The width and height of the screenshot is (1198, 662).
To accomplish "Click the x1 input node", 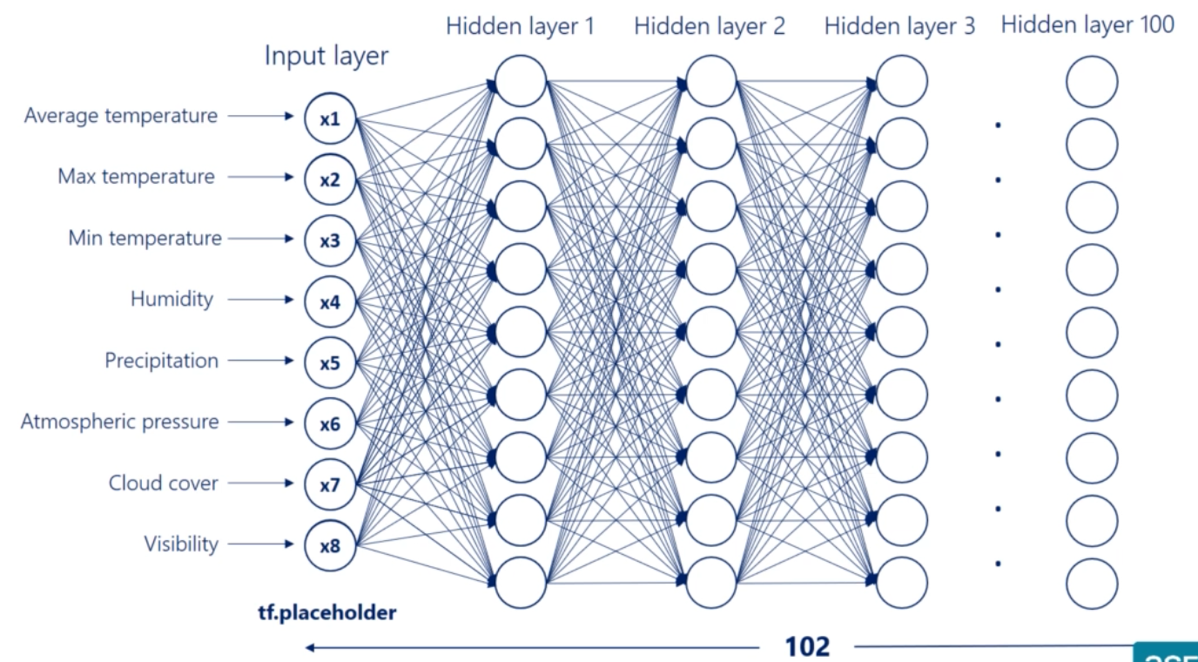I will coord(330,119).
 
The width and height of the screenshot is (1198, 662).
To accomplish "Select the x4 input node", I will coord(330,302).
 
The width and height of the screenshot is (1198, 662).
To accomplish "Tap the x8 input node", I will coord(330,547).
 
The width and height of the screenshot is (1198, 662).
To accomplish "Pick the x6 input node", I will coord(330,424).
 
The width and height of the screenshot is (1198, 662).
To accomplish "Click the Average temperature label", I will coord(121,115).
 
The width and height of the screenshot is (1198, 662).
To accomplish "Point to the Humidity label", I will coord(172,299).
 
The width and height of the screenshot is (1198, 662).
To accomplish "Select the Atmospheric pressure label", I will coord(120,422).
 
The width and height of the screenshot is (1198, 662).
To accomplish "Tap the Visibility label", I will coord(181,544).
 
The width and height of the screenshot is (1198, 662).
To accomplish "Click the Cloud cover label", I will coord(164,483).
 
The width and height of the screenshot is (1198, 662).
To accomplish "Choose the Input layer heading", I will coord(326,57).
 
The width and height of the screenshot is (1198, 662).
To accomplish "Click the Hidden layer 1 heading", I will coord(520,26).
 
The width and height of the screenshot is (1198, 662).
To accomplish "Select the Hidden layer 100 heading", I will coord(1087,24).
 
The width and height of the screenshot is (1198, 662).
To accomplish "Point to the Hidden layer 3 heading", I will coord(899,26).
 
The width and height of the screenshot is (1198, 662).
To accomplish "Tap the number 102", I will coord(807,646).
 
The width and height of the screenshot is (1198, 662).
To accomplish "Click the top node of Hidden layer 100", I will coord(1092,82).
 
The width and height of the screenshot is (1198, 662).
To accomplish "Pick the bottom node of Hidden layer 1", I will coord(521,582).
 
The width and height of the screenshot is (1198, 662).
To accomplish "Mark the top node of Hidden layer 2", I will coord(711,81).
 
